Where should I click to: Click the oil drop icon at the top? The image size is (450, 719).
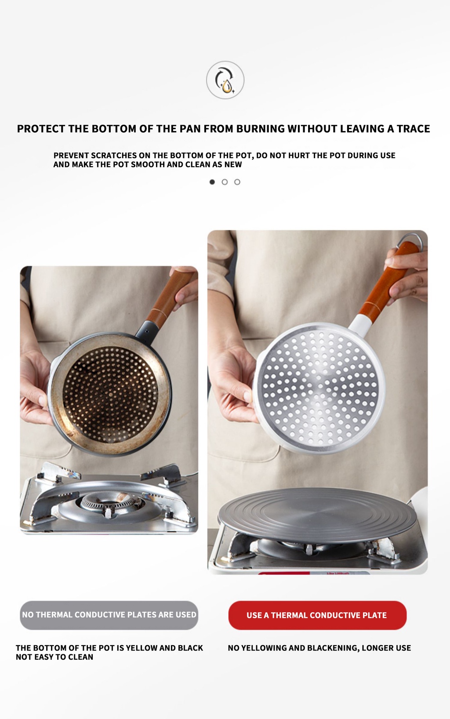[225, 80]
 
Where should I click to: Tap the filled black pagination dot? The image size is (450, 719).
[212, 182]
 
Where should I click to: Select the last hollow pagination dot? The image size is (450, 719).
[237, 182]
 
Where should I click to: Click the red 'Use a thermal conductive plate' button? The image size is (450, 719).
[317, 615]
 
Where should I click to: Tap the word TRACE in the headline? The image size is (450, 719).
[413, 129]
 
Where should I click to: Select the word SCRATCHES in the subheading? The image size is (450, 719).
[114, 156]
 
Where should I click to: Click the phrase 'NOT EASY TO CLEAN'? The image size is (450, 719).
[54, 657]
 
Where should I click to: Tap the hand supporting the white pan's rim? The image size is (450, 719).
[235, 382]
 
